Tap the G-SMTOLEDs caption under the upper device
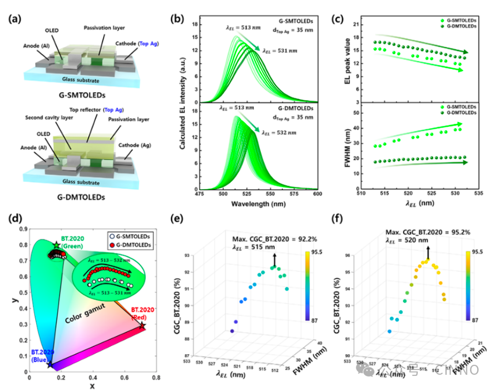point(84,96)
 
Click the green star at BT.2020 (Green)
point(56,245)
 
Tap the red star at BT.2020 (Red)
point(142,326)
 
